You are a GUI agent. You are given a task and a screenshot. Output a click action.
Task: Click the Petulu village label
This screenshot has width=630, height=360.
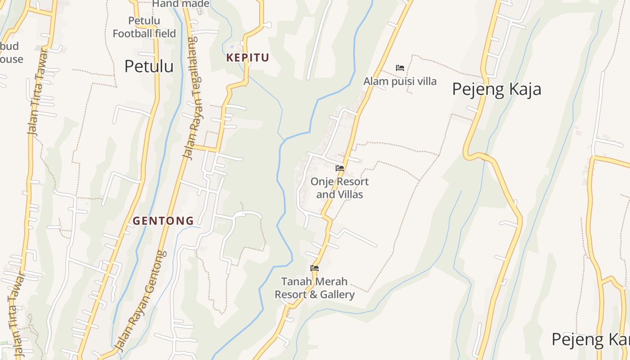149,66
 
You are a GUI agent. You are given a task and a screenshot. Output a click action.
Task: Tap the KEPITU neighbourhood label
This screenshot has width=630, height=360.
247,58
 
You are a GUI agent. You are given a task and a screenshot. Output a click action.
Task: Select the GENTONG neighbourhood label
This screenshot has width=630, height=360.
163,221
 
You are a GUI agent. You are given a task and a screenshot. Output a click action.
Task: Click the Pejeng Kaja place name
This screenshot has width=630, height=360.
496,89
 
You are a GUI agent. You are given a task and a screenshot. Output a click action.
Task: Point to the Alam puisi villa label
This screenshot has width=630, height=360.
400,81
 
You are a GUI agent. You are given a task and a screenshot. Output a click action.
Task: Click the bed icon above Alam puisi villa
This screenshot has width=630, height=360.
400,68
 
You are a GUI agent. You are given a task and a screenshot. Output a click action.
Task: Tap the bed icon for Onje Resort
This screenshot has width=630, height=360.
340,168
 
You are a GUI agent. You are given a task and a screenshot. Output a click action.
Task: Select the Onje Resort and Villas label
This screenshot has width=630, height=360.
339,188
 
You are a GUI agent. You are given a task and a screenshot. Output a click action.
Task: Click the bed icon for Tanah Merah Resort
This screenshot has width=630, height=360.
315,268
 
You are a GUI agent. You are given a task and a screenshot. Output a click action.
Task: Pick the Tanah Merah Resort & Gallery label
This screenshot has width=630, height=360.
315,288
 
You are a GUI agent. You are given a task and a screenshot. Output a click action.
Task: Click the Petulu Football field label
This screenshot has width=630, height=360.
144,27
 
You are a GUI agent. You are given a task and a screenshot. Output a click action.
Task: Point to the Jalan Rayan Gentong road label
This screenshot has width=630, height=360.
140,301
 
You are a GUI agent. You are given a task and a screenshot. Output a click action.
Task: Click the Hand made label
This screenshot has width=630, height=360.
180,4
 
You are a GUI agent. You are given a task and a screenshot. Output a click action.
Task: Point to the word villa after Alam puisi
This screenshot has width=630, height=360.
426,81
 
